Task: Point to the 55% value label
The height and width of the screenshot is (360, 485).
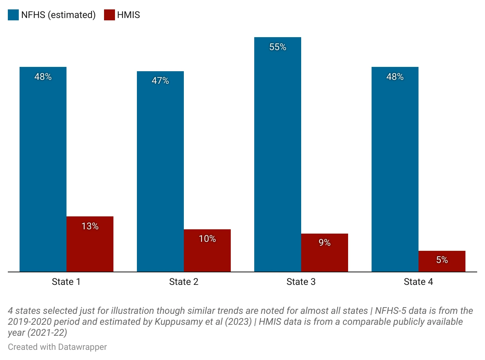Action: pos(278,47)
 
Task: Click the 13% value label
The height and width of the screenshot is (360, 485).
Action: pos(90,226)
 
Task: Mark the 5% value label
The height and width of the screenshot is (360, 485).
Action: pos(442,260)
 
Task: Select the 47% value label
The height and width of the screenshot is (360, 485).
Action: pos(160,81)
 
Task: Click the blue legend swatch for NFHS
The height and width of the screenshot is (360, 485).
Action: pos(13,15)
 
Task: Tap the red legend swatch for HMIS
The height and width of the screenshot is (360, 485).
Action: pos(110,15)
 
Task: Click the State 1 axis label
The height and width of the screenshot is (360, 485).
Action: pos(66,282)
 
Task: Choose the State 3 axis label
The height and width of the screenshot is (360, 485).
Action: pos(301,282)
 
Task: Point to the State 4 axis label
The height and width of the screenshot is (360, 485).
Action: pos(418,282)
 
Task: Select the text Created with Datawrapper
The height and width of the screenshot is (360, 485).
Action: pos(57,347)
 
